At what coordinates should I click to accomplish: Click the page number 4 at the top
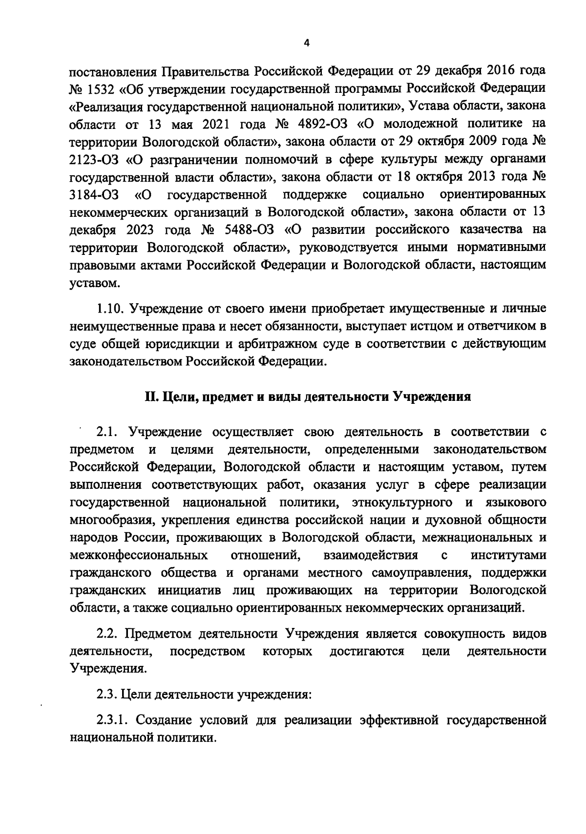[306, 43]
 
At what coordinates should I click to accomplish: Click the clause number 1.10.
[111, 309]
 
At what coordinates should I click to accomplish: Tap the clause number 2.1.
[107, 432]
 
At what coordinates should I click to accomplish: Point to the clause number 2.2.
[107, 634]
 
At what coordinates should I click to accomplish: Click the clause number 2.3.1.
[113, 720]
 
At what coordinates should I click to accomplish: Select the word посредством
[208, 652]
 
